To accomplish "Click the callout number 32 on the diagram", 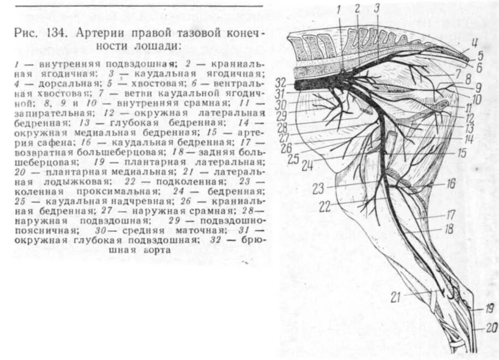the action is click(280, 83).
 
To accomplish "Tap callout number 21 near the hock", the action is click(395, 297).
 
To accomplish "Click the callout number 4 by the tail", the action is click(474, 42).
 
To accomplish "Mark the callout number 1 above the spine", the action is click(339, 9).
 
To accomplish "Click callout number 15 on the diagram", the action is click(461, 154).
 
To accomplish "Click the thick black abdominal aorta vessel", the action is click(311, 85).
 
